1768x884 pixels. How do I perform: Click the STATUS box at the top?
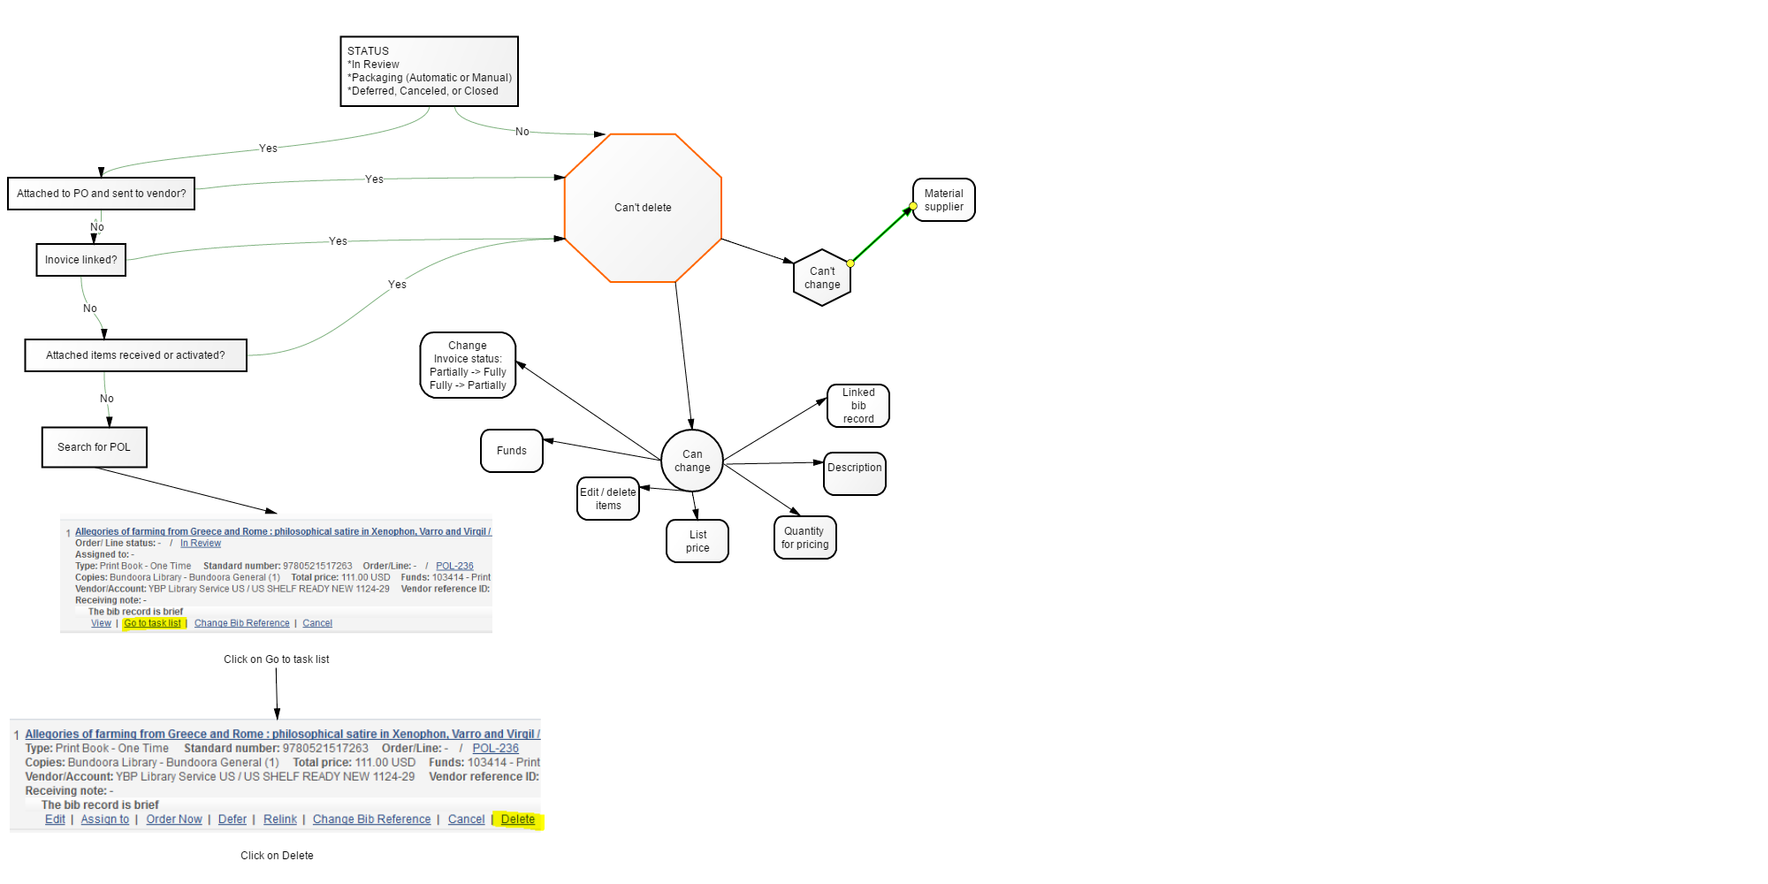point(429,72)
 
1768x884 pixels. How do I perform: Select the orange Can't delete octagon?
point(643,208)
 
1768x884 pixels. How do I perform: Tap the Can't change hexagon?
point(822,278)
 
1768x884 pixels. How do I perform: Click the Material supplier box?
point(944,200)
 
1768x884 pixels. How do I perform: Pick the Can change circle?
point(692,461)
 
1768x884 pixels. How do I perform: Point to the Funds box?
point(512,451)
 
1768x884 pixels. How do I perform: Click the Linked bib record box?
point(858,406)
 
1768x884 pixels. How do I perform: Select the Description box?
point(855,474)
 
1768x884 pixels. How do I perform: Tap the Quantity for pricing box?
point(804,537)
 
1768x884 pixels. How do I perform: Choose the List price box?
point(697,541)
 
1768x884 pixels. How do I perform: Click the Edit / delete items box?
point(608,499)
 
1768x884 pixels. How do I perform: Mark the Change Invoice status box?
point(468,365)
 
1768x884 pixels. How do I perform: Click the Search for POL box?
point(95,447)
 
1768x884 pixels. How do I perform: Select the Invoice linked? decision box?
point(81,260)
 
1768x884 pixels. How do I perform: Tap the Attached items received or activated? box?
point(136,355)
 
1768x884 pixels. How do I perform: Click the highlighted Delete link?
point(518,819)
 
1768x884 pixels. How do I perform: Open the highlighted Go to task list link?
point(152,623)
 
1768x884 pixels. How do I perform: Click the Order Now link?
point(174,819)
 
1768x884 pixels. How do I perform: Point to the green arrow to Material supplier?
point(881,235)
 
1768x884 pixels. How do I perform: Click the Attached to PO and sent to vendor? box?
point(102,194)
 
